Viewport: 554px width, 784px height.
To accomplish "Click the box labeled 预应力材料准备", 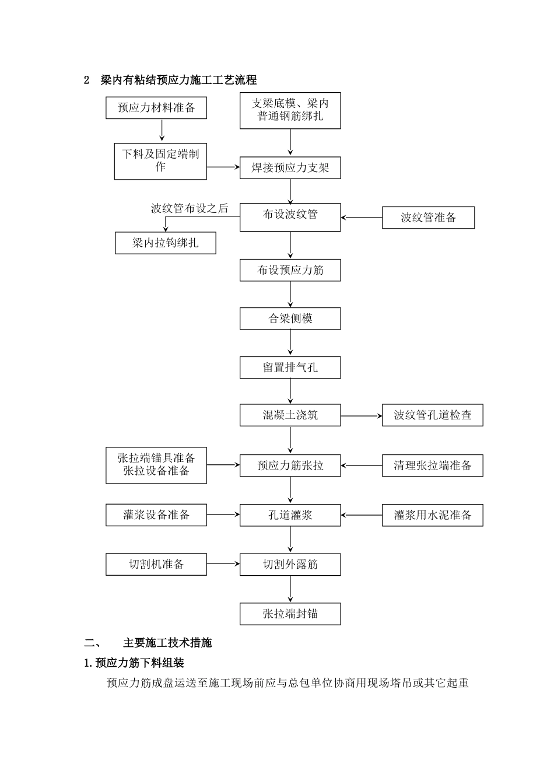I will pyautogui.click(x=156, y=108).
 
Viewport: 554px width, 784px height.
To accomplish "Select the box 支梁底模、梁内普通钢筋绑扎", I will pyautogui.click(x=290, y=110).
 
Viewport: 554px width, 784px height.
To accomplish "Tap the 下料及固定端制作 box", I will pyautogui.click(x=160, y=161).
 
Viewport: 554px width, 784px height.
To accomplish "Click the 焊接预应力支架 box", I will pyautogui.click(x=290, y=168).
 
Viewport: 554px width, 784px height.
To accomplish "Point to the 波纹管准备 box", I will pyautogui.click(x=428, y=218).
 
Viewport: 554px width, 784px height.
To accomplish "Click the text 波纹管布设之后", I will pyautogui.click(x=190, y=208).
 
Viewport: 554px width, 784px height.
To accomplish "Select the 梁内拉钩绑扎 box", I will pyautogui.click(x=166, y=243).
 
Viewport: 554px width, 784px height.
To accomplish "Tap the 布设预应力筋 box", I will pyautogui.click(x=290, y=270).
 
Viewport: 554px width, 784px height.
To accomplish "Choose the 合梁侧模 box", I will pyautogui.click(x=290, y=319).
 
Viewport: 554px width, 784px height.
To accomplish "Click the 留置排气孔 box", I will pyautogui.click(x=290, y=368).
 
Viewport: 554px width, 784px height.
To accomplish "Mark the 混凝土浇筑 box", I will pyautogui.click(x=290, y=415).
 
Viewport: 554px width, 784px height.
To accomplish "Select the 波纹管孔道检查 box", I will pyautogui.click(x=432, y=415).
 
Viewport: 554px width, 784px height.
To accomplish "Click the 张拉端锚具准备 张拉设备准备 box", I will pyautogui.click(x=156, y=465).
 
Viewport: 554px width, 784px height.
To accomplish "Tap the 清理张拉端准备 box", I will pyautogui.click(x=432, y=466).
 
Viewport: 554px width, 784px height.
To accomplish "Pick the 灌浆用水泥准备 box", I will pyautogui.click(x=432, y=515).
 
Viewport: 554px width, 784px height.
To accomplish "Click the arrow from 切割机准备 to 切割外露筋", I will pyautogui.click(x=223, y=564).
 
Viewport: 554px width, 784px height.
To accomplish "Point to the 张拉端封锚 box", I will pyautogui.click(x=290, y=614).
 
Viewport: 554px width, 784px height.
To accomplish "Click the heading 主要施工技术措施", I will pyautogui.click(x=167, y=643).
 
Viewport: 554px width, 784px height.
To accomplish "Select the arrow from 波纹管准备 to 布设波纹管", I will pyautogui.click(x=362, y=218).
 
